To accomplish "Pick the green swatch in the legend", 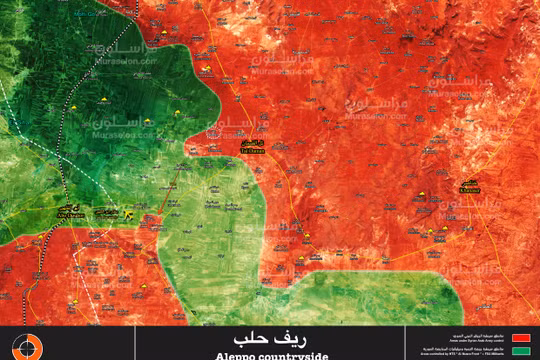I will pyautogui.click(x=520, y=351).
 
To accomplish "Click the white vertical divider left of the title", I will pyautogui.click(x=51, y=343).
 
